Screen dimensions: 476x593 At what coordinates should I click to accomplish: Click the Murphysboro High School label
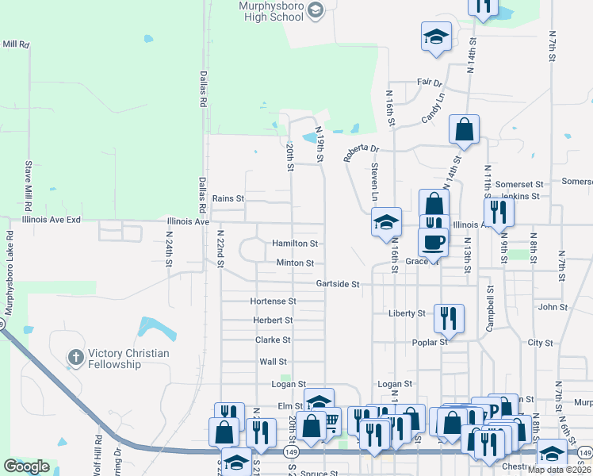coord(270,10)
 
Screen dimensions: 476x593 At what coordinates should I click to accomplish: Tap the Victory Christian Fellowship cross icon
coord(76,358)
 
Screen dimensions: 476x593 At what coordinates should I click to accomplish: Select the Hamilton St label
coord(295,244)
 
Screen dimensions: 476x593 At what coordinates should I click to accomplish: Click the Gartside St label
coord(338,283)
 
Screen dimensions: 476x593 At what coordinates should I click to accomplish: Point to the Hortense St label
coord(273,301)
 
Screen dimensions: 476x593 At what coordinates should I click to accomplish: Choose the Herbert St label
coord(273,321)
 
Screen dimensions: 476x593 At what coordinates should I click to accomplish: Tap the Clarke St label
coord(273,340)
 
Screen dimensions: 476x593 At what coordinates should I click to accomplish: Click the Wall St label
coord(273,362)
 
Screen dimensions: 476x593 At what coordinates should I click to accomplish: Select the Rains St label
coord(228,198)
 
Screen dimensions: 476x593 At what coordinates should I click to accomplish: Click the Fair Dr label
coord(429,82)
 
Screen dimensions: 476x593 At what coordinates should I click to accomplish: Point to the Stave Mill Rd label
coord(29,180)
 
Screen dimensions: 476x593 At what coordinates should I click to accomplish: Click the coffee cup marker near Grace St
coord(433,242)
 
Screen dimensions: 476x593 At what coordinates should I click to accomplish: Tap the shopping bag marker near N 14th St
coord(464,129)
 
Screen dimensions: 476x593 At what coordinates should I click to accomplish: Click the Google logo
coord(26,466)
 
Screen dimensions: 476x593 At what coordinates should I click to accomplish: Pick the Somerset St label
coord(518,184)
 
